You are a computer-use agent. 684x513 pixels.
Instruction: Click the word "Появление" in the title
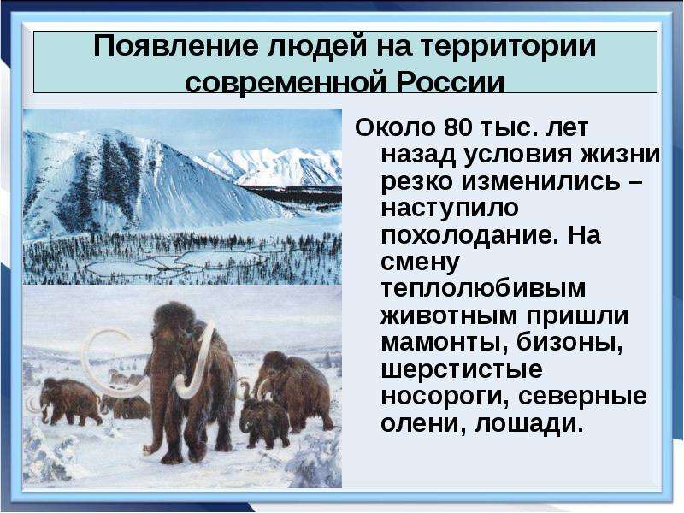[x=176, y=46]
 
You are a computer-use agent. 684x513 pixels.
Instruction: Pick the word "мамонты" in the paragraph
[x=445, y=343]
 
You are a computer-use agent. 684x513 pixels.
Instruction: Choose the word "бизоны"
[x=569, y=343]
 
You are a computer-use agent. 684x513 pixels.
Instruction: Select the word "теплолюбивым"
[x=483, y=289]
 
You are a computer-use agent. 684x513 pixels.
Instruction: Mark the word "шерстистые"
[x=462, y=370]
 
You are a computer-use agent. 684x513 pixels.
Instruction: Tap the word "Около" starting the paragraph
[x=395, y=127]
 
